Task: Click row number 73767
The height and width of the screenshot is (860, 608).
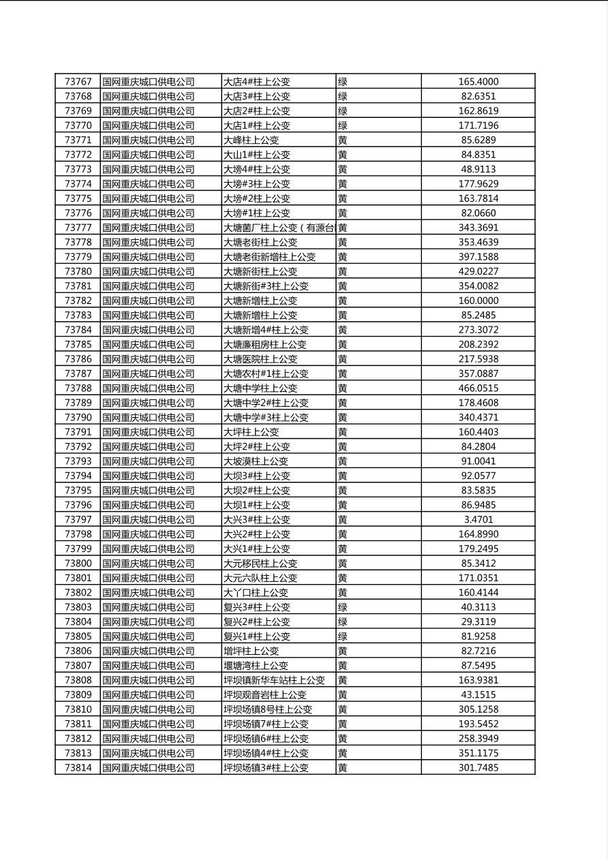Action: [78, 82]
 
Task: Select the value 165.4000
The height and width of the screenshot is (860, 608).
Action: [478, 82]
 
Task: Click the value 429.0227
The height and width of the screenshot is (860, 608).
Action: [478, 272]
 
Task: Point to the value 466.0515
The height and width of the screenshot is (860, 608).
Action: [478, 388]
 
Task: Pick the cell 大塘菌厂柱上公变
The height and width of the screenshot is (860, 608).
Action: [278, 228]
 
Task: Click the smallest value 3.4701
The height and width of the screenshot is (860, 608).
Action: [478, 520]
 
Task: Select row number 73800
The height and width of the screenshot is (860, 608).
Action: [78, 564]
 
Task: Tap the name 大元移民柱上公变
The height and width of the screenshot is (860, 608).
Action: [260, 564]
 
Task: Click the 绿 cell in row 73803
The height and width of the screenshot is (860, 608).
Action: [343, 607]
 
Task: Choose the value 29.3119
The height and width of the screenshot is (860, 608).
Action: [478, 622]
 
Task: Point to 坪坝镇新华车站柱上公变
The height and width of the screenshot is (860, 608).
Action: [274, 680]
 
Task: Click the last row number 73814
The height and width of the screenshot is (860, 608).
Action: [78, 768]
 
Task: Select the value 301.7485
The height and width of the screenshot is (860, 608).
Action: [478, 768]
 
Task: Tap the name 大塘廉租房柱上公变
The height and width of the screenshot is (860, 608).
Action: [265, 345]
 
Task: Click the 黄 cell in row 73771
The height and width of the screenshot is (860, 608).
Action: [343, 140]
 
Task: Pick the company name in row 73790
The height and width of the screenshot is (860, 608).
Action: [149, 418]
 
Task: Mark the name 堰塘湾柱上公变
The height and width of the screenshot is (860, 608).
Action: [256, 666]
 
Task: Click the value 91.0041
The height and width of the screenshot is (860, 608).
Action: [478, 461]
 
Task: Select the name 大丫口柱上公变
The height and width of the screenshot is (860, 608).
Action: [256, 593]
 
